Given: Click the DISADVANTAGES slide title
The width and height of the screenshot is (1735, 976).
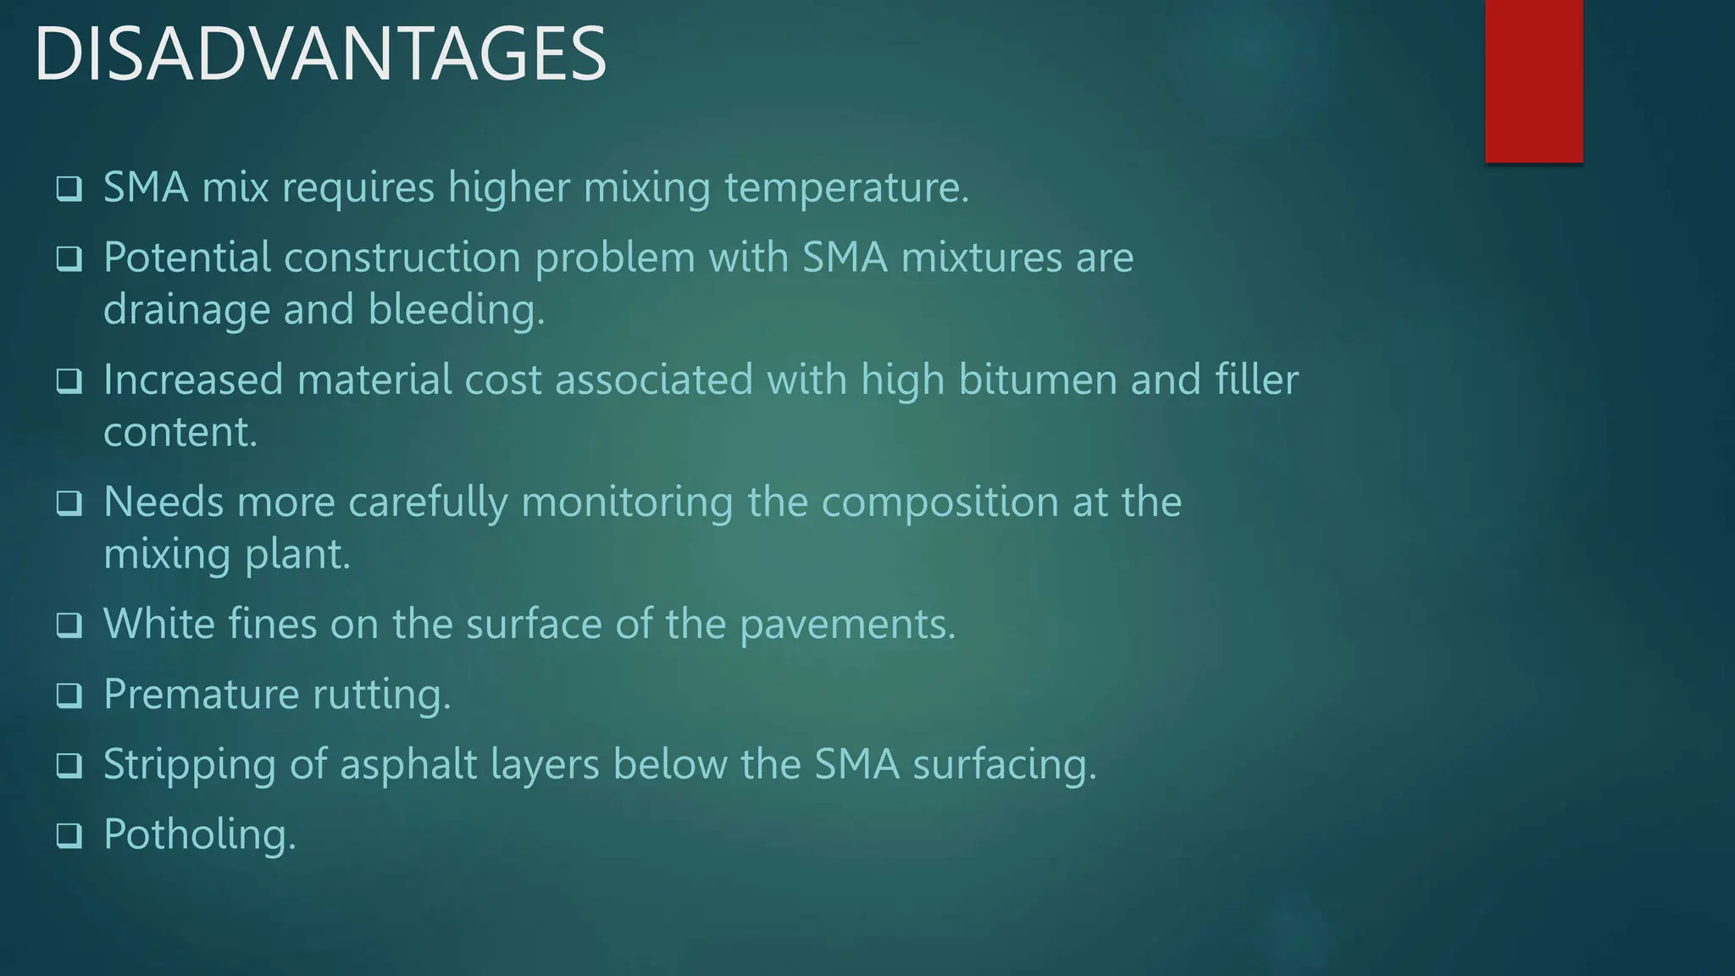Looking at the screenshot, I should [320, 54].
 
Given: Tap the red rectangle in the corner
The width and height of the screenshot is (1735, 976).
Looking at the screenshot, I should [1533, 80].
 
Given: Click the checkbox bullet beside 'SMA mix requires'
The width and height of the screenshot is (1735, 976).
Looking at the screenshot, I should [69, 188].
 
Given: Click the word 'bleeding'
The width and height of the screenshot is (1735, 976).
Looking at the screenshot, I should [456, 310].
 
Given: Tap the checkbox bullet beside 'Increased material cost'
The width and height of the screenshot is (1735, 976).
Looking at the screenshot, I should [69, 380].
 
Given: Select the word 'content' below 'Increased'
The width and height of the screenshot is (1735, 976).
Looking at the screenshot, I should [179, 432].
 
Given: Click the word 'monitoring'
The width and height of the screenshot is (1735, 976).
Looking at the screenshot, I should [627, 502].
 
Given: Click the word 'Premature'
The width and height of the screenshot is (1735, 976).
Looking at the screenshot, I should [201, 695].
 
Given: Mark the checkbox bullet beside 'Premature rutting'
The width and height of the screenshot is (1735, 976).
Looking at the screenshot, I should [69, 696].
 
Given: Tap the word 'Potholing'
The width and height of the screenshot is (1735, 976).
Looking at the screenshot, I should [199, 835].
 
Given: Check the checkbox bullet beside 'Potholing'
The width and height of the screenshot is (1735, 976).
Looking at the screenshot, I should [69, 835].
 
